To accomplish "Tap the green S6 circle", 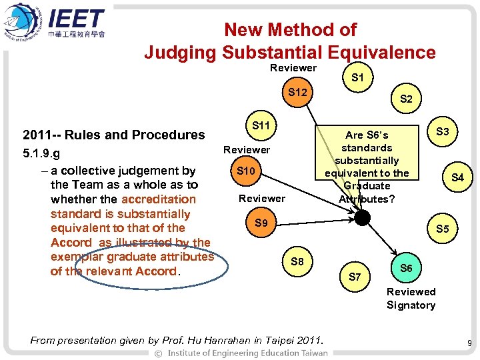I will (406, 267).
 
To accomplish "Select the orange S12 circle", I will (297, 92).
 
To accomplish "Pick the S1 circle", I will (357, 78).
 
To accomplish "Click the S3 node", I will (442, 132).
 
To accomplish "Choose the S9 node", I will (261, 223).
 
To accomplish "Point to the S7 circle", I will (355, 277).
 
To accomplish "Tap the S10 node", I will (246, 171).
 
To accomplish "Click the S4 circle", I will (457, 178).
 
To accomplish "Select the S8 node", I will (297, 262).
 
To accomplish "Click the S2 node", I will (406, 99).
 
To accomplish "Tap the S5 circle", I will (443, 229).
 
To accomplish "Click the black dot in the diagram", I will (362, 217).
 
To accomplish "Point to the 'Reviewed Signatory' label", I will (411, 299).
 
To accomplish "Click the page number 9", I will (469, 343).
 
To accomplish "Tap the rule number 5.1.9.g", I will (41, 155).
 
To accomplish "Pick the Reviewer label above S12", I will (293, 68).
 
